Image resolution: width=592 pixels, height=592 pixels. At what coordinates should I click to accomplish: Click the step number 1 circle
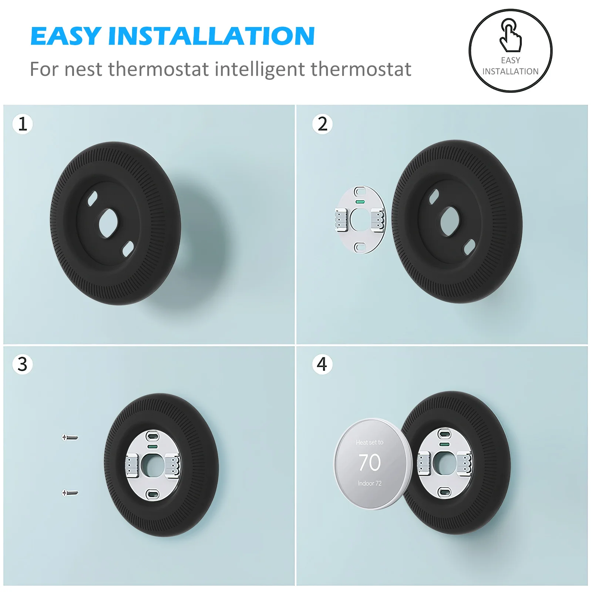(23, 124)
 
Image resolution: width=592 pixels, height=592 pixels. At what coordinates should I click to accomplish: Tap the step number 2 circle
(322, 124)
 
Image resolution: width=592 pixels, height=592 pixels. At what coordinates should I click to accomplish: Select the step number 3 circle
(23, 364)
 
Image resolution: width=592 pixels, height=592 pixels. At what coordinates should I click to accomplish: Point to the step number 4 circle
(322, 364)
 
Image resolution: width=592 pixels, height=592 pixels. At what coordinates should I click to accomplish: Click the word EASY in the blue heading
(66, 36)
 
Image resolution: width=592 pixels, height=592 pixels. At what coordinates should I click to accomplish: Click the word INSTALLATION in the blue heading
(211, 36)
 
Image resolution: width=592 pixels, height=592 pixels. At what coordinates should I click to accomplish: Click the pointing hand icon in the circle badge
(511, 36)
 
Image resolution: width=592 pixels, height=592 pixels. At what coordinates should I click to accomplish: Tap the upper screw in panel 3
(70, 437)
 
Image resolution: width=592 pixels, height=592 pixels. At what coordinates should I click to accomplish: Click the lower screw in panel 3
(70, 492)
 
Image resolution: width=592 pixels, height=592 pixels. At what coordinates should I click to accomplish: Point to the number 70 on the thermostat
(369, 462)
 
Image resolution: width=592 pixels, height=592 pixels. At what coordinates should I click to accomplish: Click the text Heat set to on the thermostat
(369, 442)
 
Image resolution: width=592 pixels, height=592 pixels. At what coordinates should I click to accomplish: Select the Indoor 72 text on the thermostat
(369, 483)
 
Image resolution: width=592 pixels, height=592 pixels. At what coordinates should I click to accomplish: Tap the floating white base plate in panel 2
(360, 220)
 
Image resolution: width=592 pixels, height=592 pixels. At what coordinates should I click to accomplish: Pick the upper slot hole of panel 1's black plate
(92, 198)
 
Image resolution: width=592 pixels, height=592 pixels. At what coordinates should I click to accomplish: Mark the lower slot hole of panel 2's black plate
(469, 247)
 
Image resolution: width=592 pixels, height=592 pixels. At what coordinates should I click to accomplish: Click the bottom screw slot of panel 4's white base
(444, 492)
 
